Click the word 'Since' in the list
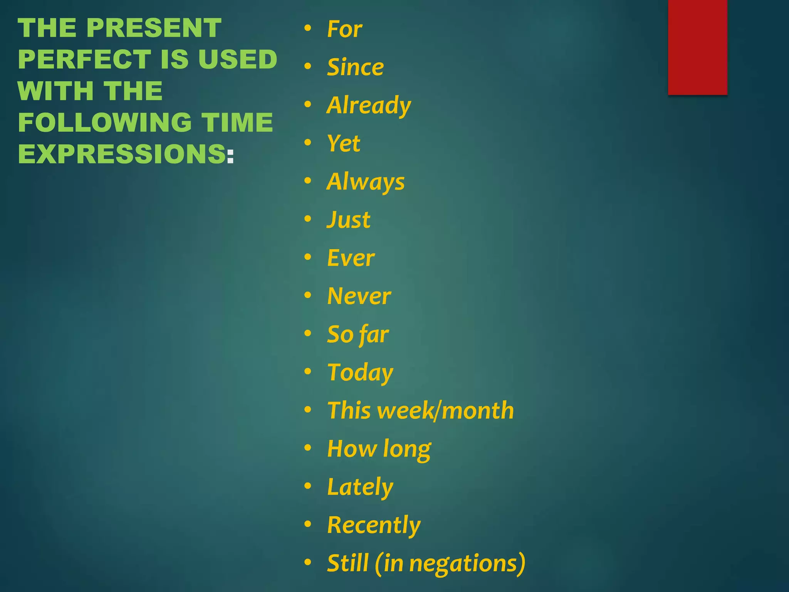(355, 67)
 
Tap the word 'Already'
(369, 105)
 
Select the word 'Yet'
(344, 143)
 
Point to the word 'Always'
(366, 182)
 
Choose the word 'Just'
(349, 220)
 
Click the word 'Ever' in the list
(351, 258)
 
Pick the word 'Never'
(359, 296)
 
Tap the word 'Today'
(360, 373)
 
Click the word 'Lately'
(360, 487)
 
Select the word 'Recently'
(374, 525)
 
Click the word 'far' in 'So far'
(374, 334)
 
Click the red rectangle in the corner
(697, 47)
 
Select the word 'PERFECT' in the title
(84, 59)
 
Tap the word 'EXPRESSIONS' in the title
(122, 154)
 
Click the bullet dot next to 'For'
(307, 28)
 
